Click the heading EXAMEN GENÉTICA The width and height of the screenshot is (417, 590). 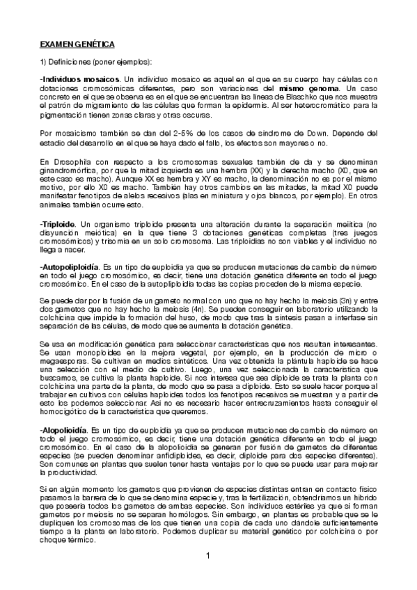(x=77, y=44)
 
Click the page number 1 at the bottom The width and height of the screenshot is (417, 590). (x=208, y=555)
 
